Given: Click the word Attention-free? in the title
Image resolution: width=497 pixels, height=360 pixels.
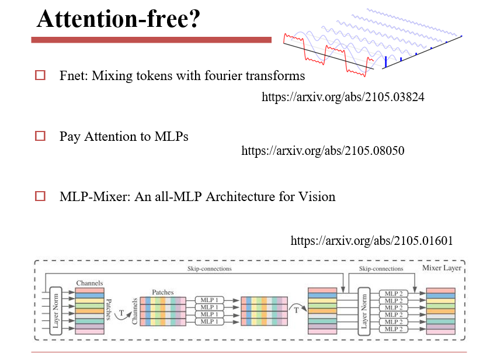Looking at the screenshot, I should pyautogui.click(x=119, y=19).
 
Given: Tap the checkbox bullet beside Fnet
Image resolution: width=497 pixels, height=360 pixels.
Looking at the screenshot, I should pyautogui.click(x=40, y=75).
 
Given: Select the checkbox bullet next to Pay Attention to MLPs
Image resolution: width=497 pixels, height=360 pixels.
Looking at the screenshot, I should pyautogui.click(x=40, y=136).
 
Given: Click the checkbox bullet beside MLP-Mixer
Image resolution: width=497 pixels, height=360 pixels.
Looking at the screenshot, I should pyautogui.click(x=40, y=196).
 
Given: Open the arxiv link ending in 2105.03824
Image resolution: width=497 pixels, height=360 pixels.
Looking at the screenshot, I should pyautogui.click(x=343, y=97).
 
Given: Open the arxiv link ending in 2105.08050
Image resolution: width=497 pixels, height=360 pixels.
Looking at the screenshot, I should pyautogui.click(x=323, y=151).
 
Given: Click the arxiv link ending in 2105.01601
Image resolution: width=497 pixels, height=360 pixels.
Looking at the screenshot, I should pyautogui.click(x=372, y=241).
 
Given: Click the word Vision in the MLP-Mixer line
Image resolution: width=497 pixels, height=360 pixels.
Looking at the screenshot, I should pyautogui.click(x=317, y=196).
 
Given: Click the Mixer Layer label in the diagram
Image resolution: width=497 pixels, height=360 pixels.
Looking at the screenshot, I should pyautogui.click(x=441, y=268).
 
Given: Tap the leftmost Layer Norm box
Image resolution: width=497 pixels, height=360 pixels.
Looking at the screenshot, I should pyautogui.click(x=56, y=310).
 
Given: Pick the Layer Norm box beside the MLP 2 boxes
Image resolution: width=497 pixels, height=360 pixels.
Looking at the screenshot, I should pyautogui.click(x=364, y=310).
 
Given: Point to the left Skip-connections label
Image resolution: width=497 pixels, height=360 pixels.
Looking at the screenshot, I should pyautogui.click(x=209, y=269).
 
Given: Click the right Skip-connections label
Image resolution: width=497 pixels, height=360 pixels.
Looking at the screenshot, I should pyautogui.click(x=381, y=269).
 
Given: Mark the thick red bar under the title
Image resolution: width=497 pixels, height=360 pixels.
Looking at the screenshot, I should pyautogui.click(x=151, y=40).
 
